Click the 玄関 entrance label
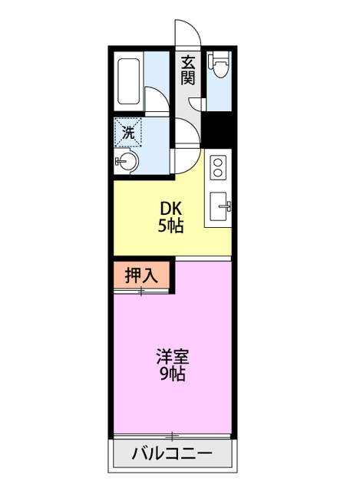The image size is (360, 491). pos(188,70)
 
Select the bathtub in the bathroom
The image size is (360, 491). pos(129,81)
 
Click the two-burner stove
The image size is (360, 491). pos(218,167)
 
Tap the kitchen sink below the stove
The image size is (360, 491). pos(219,204)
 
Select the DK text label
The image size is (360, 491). pos(170,209)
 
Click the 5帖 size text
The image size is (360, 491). pos(170,226)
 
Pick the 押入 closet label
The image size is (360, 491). pos(142,275)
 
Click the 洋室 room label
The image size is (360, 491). pos(172,358)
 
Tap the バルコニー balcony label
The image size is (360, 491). pos(171,454)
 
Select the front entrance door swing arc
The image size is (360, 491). pos(190,35)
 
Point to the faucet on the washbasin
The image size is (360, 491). pos(119,162)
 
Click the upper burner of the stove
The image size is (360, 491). pos(218,162)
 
